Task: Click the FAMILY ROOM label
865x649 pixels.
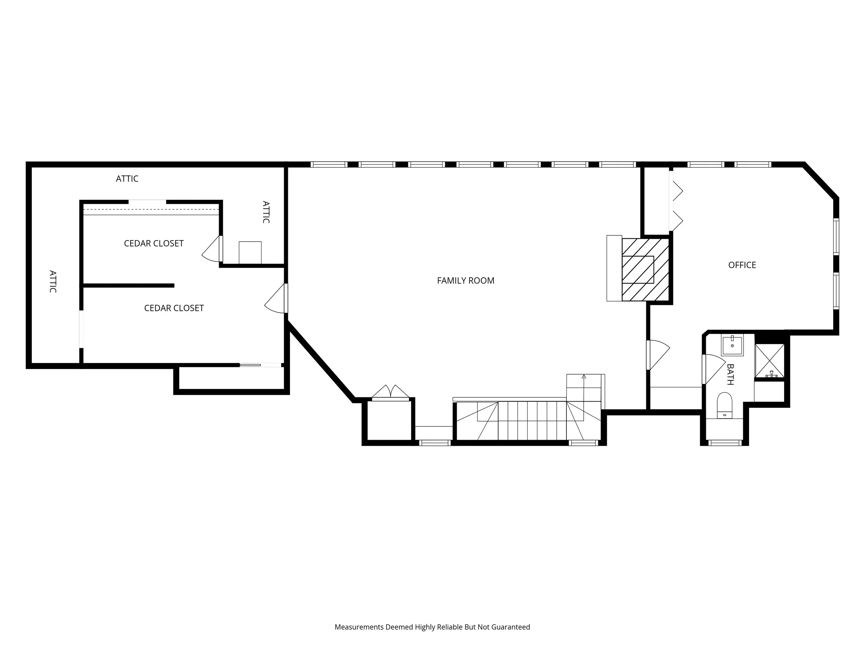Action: pyautogui.click(x=465, y=280)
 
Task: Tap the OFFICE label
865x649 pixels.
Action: pyautogui.click(x=742, y=265)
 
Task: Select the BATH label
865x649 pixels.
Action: pyautogui.click(x=730, y=375)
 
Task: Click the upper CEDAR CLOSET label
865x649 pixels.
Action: pyautogui.click(x=154, y=243)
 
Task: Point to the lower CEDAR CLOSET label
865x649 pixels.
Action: pyautogui.click(x=174, y=308)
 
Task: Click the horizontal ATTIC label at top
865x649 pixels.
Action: pyautogui.click(x=127, y=178)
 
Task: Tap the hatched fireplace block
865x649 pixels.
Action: pyautogui.click(x=645, y=270)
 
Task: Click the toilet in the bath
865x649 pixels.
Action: pyautogui.click(x=725, y=405)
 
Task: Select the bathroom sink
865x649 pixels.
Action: pyautogui.click(x=732, y=345)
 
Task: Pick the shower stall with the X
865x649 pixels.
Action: pyautogui.click(x=769, y=361)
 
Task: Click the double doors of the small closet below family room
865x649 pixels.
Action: pyautogui.click(x=390, y=393)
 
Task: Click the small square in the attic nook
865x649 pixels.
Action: pyautogui.click(x=250, y=253)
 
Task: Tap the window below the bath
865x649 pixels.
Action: pyautogui.click(x=725, y=443)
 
